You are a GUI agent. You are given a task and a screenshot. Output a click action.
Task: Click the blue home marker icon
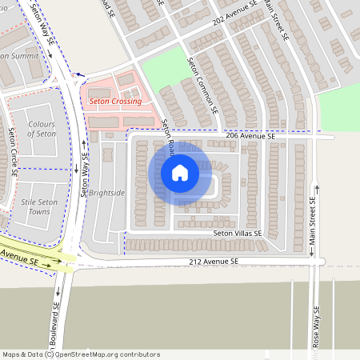point(179,173)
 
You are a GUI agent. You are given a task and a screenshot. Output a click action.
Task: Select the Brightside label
point(107,193)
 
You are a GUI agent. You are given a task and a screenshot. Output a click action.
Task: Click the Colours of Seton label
point(42,129)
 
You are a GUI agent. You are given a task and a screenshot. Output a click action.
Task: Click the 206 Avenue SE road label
point(250,137)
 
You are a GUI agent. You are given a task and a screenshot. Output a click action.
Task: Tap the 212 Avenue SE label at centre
point(214,262)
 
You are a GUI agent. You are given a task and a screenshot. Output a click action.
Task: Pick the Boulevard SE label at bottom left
point(55,320)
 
